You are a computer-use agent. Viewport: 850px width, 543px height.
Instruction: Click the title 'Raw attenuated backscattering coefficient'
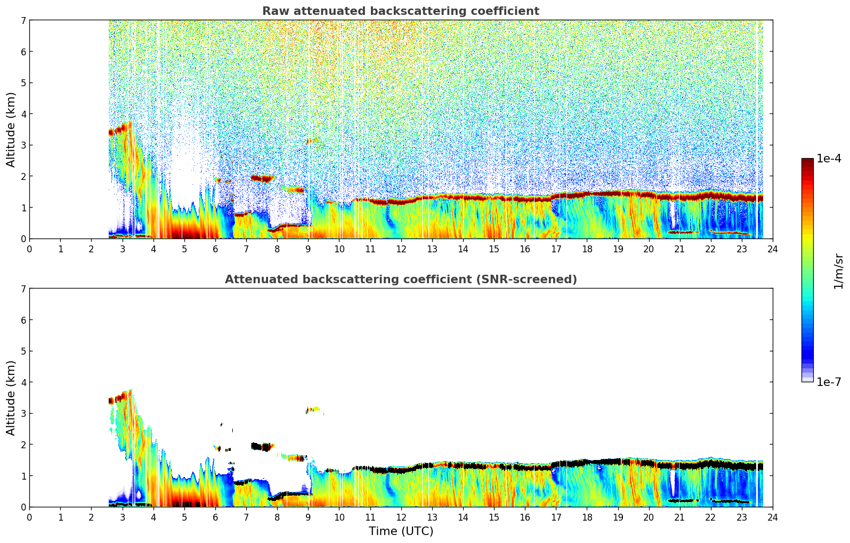[400, 11]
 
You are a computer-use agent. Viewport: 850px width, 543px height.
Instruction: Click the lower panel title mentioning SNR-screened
[400, 279]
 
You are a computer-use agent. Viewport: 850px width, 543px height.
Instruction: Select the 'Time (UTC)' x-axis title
[401, 531]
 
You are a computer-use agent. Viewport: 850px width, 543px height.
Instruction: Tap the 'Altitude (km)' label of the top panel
[11, 129]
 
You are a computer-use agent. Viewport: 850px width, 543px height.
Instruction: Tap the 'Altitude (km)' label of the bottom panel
[11, 398]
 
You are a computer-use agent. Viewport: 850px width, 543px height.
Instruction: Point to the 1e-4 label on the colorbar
[829, 159]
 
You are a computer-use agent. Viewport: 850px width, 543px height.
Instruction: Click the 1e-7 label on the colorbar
[829, 382]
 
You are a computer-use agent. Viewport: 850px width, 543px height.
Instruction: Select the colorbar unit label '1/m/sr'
[838, 271]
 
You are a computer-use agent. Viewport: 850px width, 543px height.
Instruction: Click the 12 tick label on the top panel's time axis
[401, 249]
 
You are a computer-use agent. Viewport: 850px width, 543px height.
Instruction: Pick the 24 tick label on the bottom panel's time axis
[772, 517]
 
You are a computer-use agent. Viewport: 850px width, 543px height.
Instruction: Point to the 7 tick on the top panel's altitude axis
[23, 20]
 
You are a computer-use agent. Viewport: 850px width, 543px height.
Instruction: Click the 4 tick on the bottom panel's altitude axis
[23, 382]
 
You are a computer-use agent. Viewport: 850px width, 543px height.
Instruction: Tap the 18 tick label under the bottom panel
[587, 517]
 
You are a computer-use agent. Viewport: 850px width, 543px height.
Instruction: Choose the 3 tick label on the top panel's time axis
[122, 249]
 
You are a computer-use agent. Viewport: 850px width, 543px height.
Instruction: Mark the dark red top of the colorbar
[807, 160]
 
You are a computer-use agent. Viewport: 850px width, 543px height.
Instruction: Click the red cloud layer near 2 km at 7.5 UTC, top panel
[262, 178]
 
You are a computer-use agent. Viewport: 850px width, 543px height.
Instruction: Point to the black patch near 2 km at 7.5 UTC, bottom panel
[261, 447]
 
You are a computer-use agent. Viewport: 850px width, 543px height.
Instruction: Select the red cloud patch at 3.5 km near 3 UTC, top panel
[120, 129]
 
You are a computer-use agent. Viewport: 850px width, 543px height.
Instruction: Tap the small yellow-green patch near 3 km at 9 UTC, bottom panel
[315, 409]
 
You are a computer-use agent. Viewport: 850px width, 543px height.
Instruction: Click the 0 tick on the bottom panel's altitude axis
[23, 507]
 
